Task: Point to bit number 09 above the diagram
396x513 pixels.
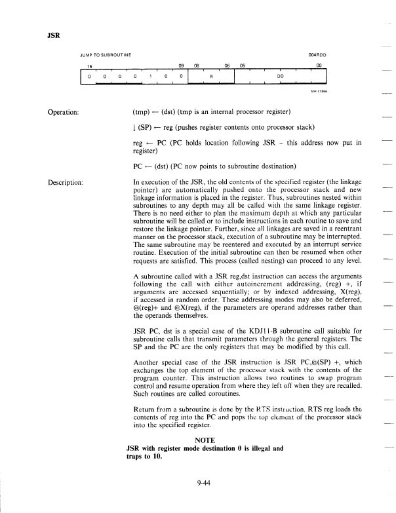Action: pyautogui.click(x=182, y=66)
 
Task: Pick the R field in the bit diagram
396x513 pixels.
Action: pyautogui.click(x=210, y=76)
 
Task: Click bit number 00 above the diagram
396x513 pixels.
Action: pyautogui.click(x=319, y=66)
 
